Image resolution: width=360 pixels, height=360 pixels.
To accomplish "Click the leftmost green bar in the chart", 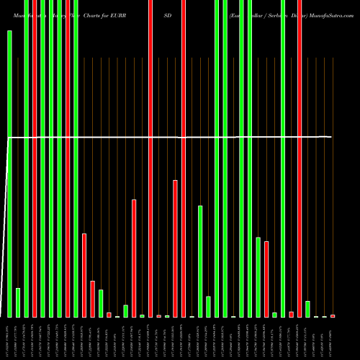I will coord(9,173).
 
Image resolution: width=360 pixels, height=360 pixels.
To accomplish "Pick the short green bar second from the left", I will coord(18,302).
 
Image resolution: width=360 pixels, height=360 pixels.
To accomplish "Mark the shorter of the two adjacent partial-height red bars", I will coord(92,299).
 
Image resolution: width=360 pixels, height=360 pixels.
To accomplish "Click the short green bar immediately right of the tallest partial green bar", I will coord(208,307).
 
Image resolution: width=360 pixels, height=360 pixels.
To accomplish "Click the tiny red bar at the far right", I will coord(333,315).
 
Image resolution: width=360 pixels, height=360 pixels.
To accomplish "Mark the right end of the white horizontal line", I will coord(331,137).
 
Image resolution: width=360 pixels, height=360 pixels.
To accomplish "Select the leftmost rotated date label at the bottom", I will coord(9,338).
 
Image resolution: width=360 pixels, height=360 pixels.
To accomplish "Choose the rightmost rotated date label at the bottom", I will coord(333,338).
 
